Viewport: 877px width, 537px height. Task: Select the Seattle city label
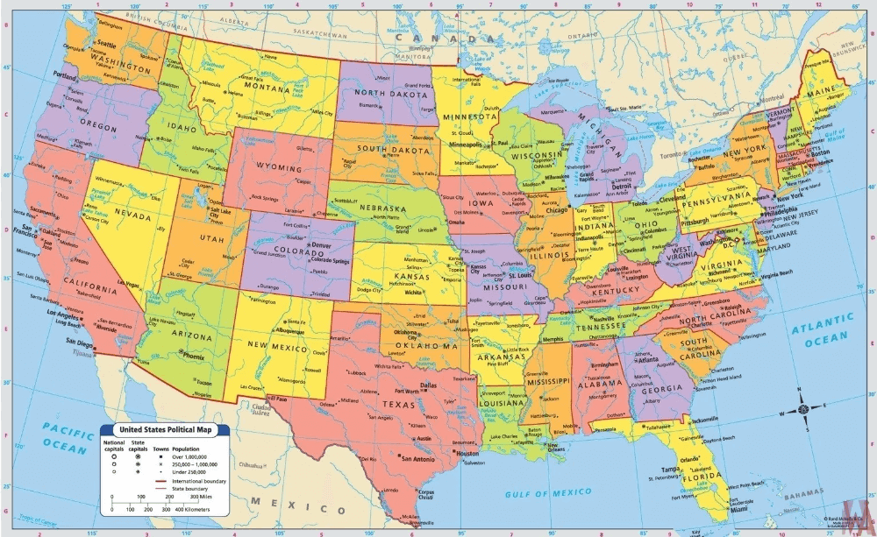(x=107, y=44)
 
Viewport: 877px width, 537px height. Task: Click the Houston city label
(x=468, y=454)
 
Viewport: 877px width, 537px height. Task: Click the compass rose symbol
(x=803, y=407)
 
